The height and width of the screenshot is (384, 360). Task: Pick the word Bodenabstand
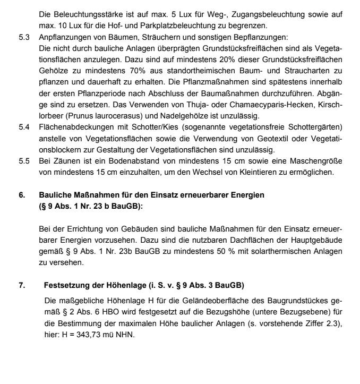[125, 162]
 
